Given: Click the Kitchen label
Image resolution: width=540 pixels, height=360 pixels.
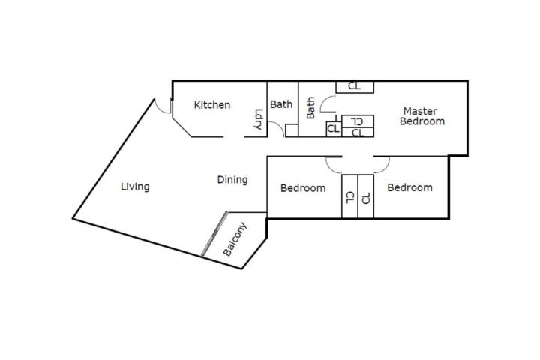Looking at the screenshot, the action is point(212,105).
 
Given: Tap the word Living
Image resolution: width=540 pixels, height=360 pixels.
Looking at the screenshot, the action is point(135,187).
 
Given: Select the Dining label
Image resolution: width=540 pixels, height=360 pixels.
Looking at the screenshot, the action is point(232,180).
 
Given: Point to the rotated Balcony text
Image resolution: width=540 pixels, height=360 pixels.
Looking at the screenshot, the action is point(235,239).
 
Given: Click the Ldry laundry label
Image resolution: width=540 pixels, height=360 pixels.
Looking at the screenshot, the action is point(258,119).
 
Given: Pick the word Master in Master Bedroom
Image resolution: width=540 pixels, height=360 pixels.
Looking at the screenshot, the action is point(420,111).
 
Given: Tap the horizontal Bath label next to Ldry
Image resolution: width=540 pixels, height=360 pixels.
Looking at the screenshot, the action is point(281,104).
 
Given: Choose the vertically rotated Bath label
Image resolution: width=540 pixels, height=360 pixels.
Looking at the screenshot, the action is point(310,108).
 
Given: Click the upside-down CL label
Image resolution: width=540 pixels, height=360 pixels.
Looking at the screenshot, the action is point(357,121).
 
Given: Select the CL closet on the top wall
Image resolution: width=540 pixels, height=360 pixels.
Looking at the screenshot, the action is point(355,87).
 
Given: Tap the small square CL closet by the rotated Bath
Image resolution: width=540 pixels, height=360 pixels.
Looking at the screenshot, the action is point(334,129).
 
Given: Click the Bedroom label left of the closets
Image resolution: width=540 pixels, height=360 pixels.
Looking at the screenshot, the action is point(303,188).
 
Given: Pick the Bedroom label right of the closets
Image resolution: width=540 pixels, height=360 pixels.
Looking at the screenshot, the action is point(409,187).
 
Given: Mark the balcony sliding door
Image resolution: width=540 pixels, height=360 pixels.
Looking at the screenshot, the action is point(214,233).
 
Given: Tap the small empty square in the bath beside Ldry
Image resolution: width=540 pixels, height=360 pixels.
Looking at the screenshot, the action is point(292,130).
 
